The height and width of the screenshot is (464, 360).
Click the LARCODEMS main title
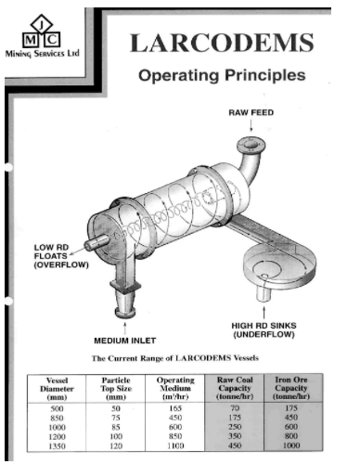(222, 43)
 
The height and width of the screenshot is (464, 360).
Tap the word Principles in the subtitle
(265, 75)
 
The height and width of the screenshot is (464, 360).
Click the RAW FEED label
(251, 112)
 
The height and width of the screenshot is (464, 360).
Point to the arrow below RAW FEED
(251, 125)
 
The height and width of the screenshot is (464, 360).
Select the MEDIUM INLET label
(125, 341)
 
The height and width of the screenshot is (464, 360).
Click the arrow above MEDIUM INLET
(125, 329)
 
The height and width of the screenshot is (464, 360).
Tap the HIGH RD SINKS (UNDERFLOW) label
(264, 329)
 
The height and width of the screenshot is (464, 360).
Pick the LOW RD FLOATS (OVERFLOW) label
(61, 256)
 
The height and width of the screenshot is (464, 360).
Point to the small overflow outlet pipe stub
(96, 241)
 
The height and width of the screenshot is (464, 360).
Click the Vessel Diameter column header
(57, 389)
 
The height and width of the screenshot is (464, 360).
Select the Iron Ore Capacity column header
(291, 388)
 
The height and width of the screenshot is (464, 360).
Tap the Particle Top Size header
(116, 389)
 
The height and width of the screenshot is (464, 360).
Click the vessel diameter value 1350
(58, 446)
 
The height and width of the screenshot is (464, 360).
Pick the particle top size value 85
(116, 427)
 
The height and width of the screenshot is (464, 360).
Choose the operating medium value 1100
(175, 445)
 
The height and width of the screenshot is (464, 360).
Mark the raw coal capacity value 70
(235, 408)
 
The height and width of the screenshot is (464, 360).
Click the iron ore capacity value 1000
(291, 445)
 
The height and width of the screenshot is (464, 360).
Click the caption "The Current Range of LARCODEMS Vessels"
(175, 358)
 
